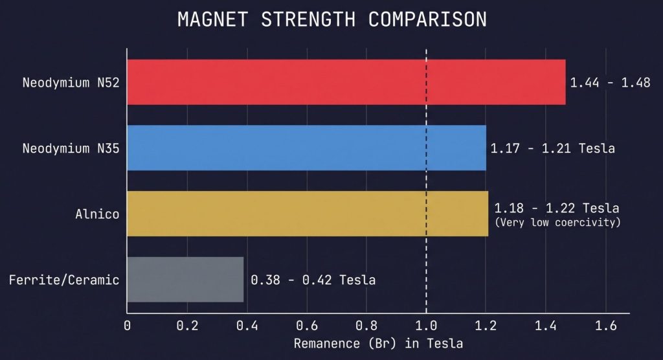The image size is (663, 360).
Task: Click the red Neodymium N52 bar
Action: [346, 82]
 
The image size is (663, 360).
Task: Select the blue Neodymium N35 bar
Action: [306, 148]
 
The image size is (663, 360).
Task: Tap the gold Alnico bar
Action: [308, 214]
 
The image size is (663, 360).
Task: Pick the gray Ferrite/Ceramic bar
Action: [186, 279]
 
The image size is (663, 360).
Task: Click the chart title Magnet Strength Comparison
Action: [332, 19]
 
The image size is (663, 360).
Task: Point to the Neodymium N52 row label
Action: [71, 82]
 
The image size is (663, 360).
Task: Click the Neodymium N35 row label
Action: [71, 148]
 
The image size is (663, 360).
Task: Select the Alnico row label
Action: [97, 214]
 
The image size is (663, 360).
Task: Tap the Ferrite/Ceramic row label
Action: [64, 280]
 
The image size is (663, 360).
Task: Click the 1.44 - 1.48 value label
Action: [610, 82]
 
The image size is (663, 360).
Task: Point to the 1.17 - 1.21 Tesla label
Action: [553, 148]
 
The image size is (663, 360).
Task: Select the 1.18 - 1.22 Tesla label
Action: [557, 208]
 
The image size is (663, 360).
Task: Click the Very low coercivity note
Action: [557, 223]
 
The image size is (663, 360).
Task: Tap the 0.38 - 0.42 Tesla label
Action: [313, 280]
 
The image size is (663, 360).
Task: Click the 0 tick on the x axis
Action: [128, 326]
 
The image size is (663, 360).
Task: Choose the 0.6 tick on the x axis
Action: [306, 326]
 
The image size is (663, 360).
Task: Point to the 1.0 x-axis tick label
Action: [426, 326]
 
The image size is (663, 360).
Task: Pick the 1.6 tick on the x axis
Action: [606, 326]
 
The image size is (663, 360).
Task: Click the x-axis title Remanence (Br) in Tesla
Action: [378, 344]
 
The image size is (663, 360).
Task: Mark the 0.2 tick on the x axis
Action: [187, 326]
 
